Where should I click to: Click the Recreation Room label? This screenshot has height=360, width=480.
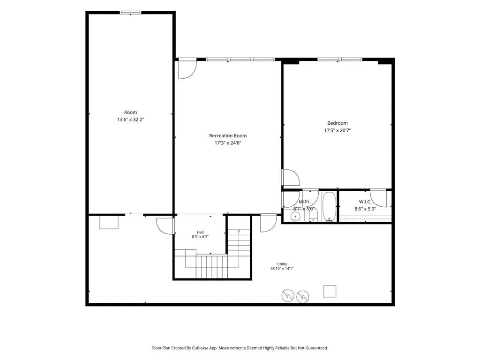pyautogui.click(x=228, y=135)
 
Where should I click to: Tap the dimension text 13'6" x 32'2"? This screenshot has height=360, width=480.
pyautogui.click(x=130, y=120)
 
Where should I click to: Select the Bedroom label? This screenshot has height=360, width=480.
pyautogui.click(x=337, y=123)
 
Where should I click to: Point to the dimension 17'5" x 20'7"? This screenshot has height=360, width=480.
pyautogui.click(x=337, y=130)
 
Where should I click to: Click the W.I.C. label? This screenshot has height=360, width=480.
pyautogui.click(x=365, y=202)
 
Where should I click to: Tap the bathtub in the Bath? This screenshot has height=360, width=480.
pyautogui.click(x=330, y=206)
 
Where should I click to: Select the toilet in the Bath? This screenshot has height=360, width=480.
pyautogui.click(x=313, y=216)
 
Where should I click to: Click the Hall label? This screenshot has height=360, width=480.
pyautogui.click(x=200, y=232)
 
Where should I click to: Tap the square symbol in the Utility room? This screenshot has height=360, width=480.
pyautogui.click(x=330, y=292)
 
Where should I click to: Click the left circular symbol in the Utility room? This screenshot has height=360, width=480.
pyautogui.click(x=288, y=295)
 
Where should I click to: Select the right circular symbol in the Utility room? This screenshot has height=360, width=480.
pyautogui.click(x=303, y=296)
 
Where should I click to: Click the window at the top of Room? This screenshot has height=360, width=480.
pyautogui.click(x=130, y=13)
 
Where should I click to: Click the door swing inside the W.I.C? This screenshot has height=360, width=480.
pyautogui.click(x=378, y=198)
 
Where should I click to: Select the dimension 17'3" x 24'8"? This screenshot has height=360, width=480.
pyautogui.click(x=228, y=143)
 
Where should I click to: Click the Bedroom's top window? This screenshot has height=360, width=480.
pyautogui.click(x=340, y=60)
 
